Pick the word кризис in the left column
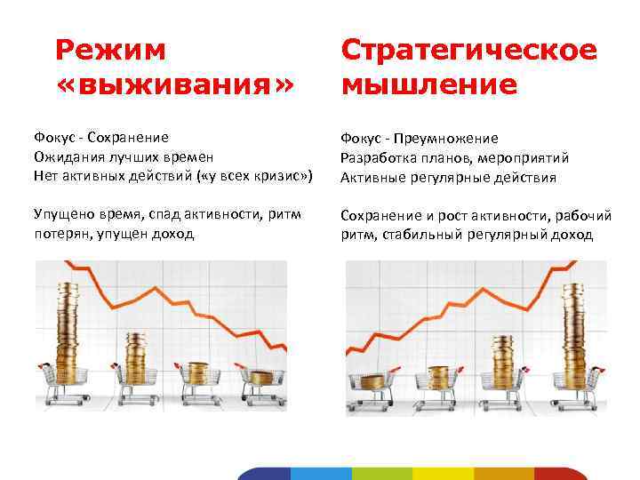coord(275,176)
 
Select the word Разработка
coord(377,157)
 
